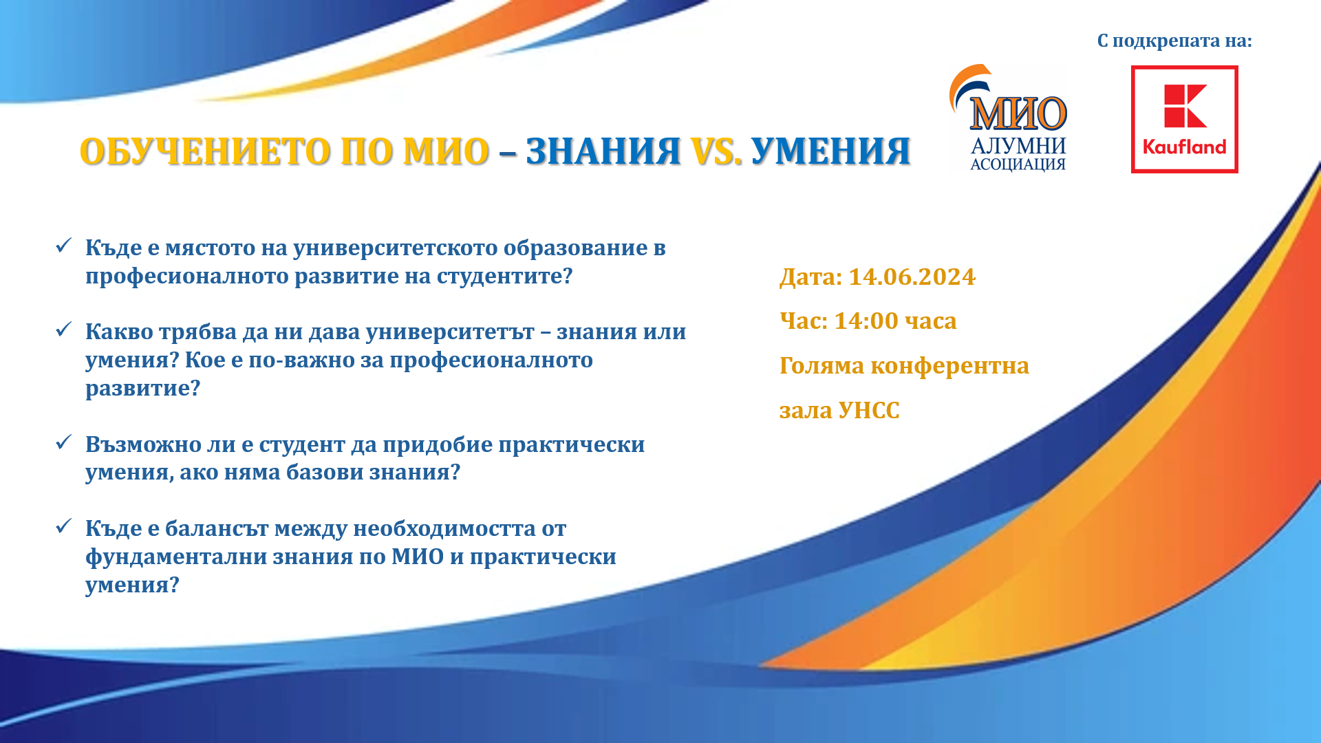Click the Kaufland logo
1184,119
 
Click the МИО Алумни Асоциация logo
1009,118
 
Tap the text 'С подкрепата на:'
1174,41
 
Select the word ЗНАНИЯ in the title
603,151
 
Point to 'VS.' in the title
716,151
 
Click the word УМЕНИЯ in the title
831,151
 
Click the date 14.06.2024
912,277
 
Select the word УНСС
869,410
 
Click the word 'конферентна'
949,366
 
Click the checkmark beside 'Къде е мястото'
63,246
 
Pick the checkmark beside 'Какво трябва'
63,330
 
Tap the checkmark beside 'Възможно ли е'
63,442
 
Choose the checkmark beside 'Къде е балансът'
63,526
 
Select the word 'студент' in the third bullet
301,444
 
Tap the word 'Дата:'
810,277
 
